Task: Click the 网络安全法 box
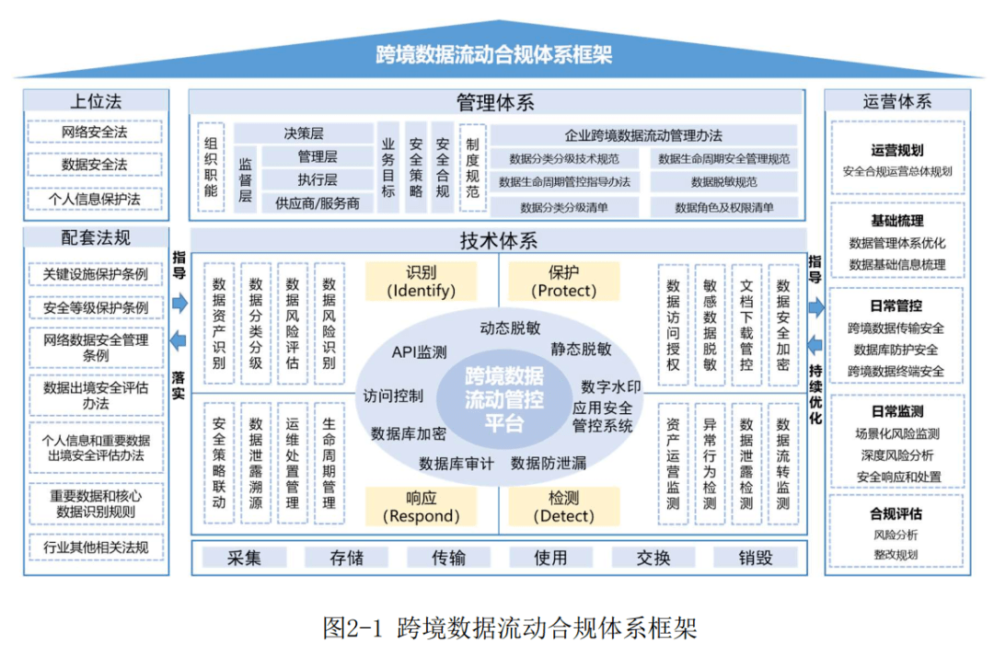95,132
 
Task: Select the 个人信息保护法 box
95,199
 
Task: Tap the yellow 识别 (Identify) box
420,282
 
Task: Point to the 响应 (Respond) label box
420,506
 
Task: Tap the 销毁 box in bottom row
755,558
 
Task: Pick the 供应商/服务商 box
318,203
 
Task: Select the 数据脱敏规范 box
723,182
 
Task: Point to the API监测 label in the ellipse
419,351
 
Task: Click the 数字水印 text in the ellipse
610,386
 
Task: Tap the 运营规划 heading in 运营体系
896,150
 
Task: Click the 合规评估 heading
896,513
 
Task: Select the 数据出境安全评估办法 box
95,396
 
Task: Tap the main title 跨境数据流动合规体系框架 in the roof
494,54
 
